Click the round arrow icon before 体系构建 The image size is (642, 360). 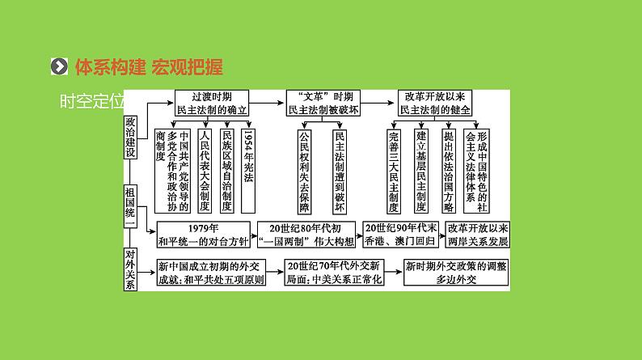pyautogui.click(x=58, y=66)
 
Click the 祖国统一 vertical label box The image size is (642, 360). pyautogui.click(x=131, y=208)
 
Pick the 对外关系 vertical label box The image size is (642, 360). pyautogui.click(x=131, y=269)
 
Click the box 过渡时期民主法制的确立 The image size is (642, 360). pyautogui.click(x=211, y=102)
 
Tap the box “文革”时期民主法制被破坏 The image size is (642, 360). pyautogui.click(x=323, y=102)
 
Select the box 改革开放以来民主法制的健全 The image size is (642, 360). pyautogui.click(x=434, y=102)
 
